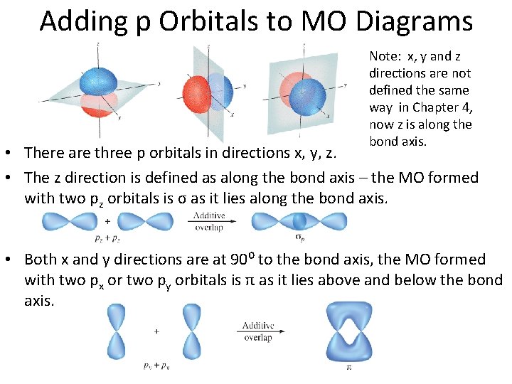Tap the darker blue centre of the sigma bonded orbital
(299, 221)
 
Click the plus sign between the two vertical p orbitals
(156, 331)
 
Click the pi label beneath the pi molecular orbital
(348, 368)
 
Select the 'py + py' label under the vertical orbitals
(156, 366)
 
